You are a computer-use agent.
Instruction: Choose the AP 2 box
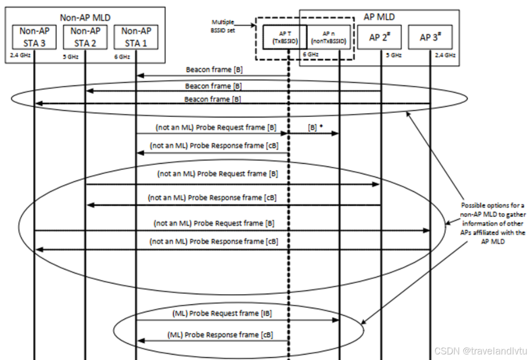[380, 37]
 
